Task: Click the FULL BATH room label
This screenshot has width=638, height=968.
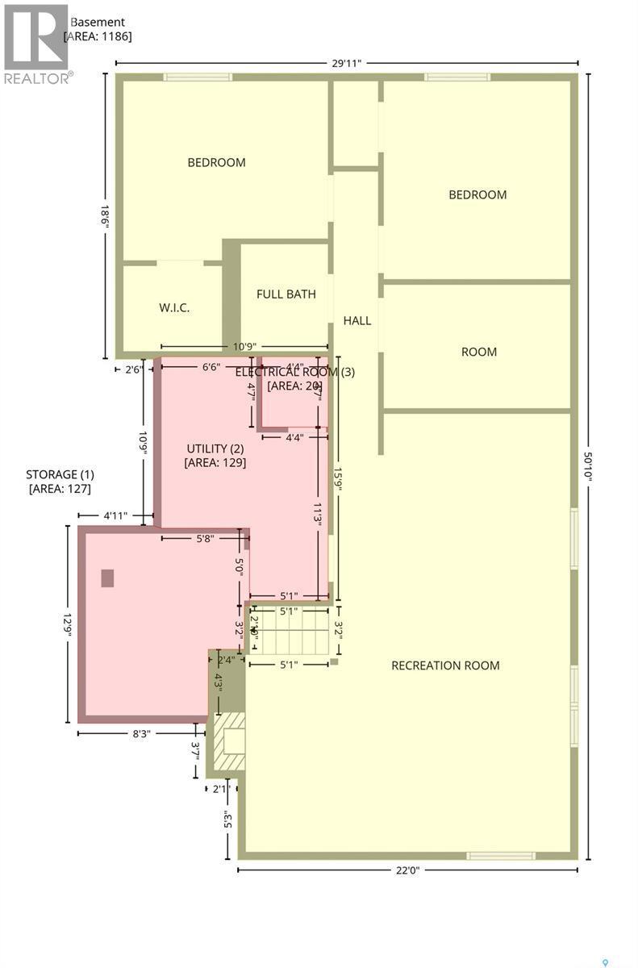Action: pyautogui.click(x=286, y=294)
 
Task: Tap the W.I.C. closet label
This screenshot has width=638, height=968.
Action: pyautogui.click(x=174, y=308)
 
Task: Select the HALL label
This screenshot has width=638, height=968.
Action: pyautogui.click(x=357, y=321)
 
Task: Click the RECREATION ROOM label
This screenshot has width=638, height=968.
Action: pyautogui.click(x=445, y=665)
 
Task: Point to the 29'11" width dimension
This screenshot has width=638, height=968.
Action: pyautogui.click(x=347, y=62)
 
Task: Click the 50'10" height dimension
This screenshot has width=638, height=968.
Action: pyautogui.click(x=590, y=466)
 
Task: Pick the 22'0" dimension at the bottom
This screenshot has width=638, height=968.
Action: pyautogui.click(x=407, y=870)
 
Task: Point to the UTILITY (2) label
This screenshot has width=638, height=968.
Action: pyautogui.click(x=215, y=456)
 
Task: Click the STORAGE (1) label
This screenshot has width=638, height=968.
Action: pyautogui.click(x=59, y=482)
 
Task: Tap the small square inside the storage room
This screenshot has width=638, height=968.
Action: pyautogui.click(x=107, y=578)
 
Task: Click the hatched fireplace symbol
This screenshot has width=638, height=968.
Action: pyautogui.click(x=232, y=741)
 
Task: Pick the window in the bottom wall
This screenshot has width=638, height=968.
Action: pyautogui.click(x=500, y=856)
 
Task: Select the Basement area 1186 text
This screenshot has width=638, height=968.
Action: pyautogui.click(x=98, y=29)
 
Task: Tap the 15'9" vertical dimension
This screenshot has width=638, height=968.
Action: pyautogui.click(x=338, y=478)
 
